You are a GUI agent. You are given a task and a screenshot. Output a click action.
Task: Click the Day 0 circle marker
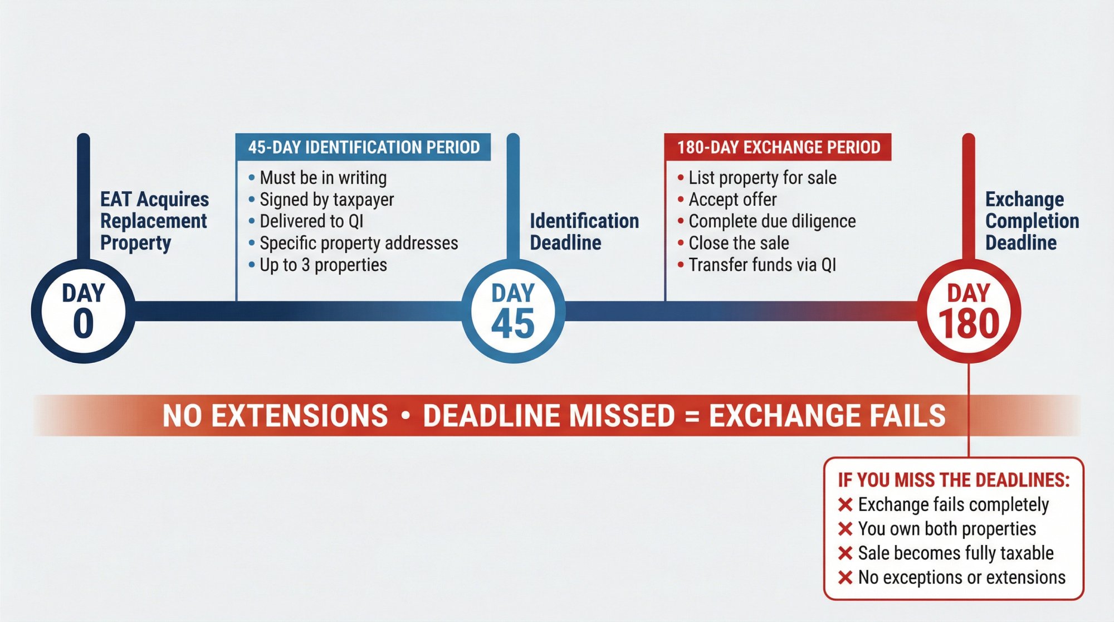(83, 311)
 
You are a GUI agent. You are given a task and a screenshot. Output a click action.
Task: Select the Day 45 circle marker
(513, 311)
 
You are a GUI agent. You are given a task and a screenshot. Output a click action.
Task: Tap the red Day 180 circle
(969, 311)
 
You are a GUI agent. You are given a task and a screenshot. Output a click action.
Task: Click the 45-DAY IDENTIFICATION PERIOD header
(363, 147)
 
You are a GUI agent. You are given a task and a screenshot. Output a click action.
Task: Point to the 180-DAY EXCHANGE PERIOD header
(778, 147)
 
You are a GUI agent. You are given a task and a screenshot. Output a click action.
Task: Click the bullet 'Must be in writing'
(323, 178)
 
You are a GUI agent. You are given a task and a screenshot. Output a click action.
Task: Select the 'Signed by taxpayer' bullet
(326, 200)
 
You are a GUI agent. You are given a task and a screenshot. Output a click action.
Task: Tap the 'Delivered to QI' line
(311, 221)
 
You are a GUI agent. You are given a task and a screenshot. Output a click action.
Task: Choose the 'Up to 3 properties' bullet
(323, 265)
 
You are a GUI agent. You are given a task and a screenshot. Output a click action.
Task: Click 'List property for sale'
(762, 178)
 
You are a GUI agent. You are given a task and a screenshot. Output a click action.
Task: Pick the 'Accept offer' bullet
(732, 200)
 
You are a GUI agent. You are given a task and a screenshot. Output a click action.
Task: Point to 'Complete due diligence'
(772, 221)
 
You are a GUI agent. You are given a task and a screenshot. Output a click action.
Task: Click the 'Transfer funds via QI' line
(762, 265)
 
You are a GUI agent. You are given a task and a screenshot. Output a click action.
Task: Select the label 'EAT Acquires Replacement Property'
(154, 221)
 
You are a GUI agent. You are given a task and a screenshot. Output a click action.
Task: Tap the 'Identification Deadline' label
(584, 232)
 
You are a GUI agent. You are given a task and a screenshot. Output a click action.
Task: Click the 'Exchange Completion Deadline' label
(1032, 221)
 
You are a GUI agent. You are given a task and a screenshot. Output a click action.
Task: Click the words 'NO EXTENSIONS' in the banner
(275, 416)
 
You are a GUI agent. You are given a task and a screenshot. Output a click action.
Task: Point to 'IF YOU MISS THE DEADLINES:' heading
(954, 480)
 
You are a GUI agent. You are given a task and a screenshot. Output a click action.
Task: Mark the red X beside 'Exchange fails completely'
(845, 505)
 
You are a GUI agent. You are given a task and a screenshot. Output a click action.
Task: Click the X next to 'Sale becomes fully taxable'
(845, 553)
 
